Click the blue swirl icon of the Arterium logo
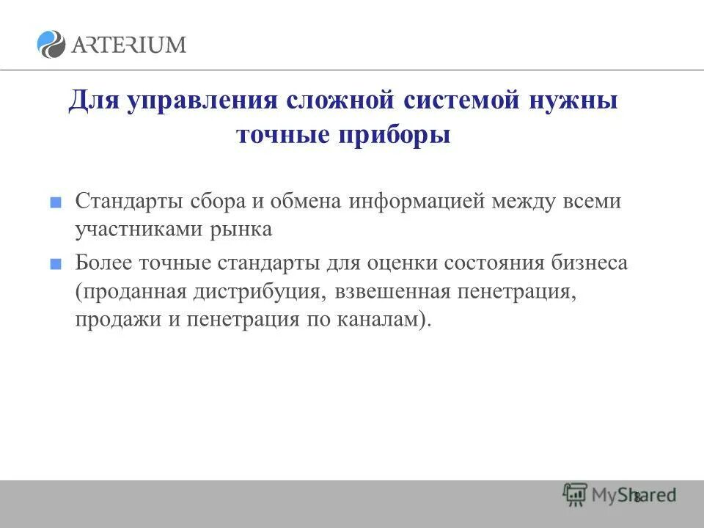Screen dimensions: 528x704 click(51, 44)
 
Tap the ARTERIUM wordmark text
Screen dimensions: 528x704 click(128, 44)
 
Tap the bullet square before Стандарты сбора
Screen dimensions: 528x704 click(55, 202)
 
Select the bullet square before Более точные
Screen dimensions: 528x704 click(55, 264)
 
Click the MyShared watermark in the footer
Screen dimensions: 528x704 click(620, 496)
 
